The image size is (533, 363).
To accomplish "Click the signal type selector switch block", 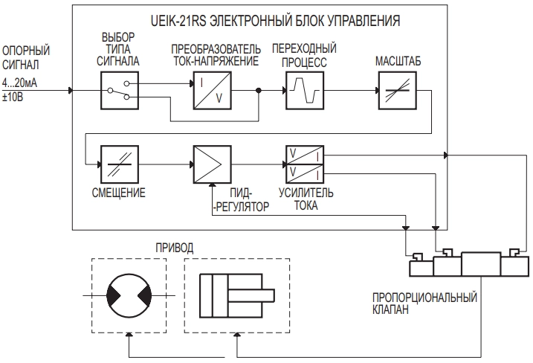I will [x=120, y=91].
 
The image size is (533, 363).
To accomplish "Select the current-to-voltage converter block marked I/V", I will [x=211, y=91].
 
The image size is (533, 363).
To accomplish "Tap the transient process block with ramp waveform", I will [x=303, y=91].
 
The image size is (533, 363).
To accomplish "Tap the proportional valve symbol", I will [x=469, y=266].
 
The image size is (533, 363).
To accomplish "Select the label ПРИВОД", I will [x=172, y=245].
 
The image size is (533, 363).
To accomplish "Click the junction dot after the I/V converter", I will [x=259, y=91].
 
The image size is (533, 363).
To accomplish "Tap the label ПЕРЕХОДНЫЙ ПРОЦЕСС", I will [x=299, y=56].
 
